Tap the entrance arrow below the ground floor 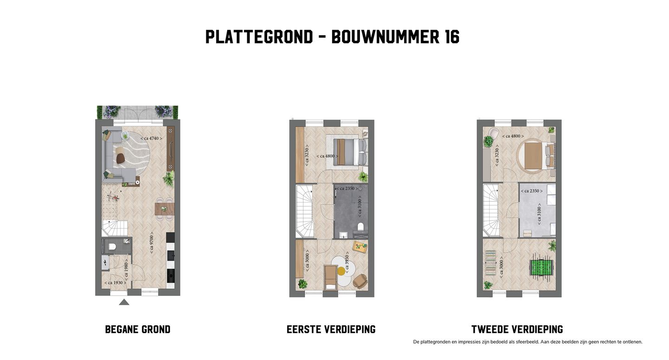[124, 302]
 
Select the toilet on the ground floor [111, 247]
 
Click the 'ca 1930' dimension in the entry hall [114, 283]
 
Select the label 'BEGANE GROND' [138, 330]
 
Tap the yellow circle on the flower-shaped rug [341, 271]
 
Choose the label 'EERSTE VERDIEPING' [331, 330]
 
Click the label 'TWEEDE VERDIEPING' [517, 330]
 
